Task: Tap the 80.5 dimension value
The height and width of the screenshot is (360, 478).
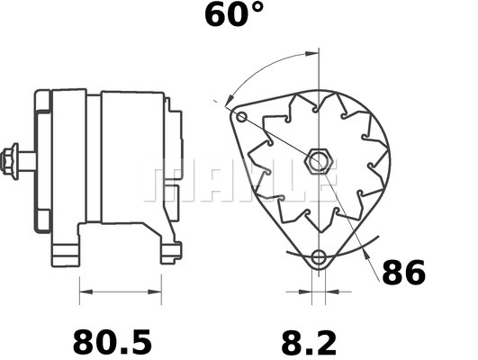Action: pos(113,342)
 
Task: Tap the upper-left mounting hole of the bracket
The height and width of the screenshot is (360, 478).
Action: pos(240,118)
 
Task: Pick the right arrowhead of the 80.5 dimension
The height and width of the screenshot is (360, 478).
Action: pos(159,292)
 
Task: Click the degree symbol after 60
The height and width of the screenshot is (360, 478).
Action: pos(257,9)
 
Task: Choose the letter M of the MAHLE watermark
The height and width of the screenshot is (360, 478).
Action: pos(166,180)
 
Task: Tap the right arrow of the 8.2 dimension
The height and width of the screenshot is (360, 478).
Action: pos(327,292)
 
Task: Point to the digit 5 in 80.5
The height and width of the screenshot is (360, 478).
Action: pos(140,342)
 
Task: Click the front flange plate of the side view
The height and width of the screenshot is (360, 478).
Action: pos(41,162)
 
